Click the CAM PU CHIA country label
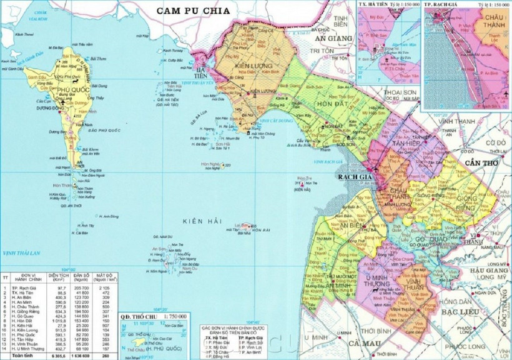pos(194,11)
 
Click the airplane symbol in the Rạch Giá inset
pos(504,95)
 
